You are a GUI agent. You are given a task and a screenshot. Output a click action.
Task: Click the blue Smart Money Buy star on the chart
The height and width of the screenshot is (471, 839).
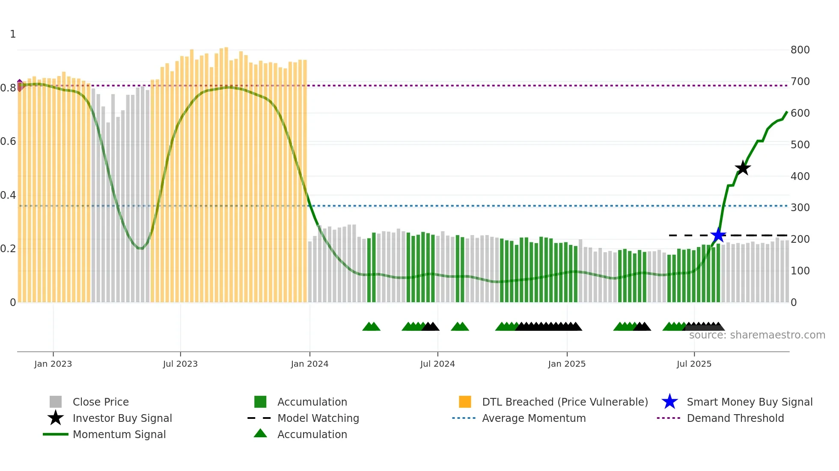click(x=718, y=235)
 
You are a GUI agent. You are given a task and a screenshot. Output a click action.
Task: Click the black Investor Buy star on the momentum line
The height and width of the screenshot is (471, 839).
click(x=743, y=168)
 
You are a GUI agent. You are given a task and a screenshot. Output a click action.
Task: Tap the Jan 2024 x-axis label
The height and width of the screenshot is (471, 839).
click(x=309, y=364)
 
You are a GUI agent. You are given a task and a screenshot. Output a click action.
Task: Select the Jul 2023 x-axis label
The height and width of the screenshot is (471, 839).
click(x=180, y=364)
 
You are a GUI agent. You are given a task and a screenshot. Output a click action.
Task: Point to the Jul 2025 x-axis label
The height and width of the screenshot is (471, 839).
click(x=694, y=364)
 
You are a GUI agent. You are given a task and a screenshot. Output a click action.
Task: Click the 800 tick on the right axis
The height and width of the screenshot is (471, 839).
click(x=800, y=50)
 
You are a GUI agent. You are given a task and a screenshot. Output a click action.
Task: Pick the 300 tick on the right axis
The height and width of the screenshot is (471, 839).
click(x=800, y=208)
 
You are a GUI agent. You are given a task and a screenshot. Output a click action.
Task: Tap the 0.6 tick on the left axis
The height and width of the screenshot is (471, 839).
click(x=8, y=141)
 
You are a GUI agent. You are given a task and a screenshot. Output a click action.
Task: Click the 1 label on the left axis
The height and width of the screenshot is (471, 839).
click(x=13, y=34)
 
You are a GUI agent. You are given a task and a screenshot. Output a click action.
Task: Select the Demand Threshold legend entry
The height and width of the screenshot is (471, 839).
click(x=735, y=418)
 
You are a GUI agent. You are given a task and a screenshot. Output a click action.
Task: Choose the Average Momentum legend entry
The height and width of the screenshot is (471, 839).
click(x=533, y=418)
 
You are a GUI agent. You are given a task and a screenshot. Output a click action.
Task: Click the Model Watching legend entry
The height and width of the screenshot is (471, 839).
click(x=318, y=418)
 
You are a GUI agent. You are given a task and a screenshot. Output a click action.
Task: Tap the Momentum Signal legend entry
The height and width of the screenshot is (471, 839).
click(x=119, y=434)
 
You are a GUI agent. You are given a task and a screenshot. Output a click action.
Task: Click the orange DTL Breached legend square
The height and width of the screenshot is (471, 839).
click(x=465, y=402)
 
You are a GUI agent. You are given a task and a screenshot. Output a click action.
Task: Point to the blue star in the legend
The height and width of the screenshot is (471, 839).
click(x=669, y=402)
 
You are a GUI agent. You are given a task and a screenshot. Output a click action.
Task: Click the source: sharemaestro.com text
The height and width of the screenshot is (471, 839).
click(x=757, y=335)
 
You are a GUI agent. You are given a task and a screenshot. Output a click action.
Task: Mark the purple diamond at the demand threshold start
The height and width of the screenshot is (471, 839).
click(x=20, y=85)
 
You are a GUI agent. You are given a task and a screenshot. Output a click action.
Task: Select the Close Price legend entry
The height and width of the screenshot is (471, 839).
click(x=101, y=402)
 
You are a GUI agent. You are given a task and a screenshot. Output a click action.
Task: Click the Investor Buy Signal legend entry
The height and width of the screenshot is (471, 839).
click(x=122, y=418)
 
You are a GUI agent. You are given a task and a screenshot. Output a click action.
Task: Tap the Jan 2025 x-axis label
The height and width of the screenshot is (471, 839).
click(x=567, y=364)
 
